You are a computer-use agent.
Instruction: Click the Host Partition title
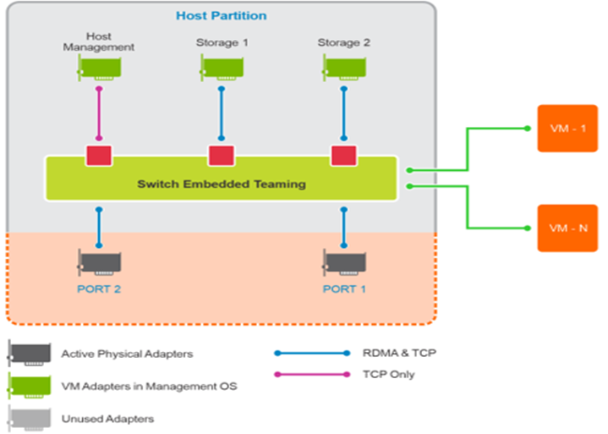pyautogui.click(x=221, y=15)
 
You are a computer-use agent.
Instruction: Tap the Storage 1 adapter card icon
pyautogui.click(x=222, y=68)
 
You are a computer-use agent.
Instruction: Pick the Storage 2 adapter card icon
pyautogui.click(x=343, y=68)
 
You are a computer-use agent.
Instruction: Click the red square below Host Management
pyautogui.click(x=99, y=156)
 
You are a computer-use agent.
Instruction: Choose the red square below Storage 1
pyautogui.click(x=222, y=156)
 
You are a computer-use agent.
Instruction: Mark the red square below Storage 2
pyautogui.click(x=343, y=156)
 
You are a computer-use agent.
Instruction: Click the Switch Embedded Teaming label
pyautogui.click(x=222, y=184)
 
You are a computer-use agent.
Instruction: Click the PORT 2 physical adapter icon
pyautogui.click(x=99, y=263)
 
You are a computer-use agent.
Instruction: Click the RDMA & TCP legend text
pyautogui.click(x=394, y=354)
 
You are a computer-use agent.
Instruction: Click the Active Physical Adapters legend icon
pyautogui.click(x=30, y=354)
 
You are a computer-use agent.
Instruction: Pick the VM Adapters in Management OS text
pyautogui.click(x=149, y=386)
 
